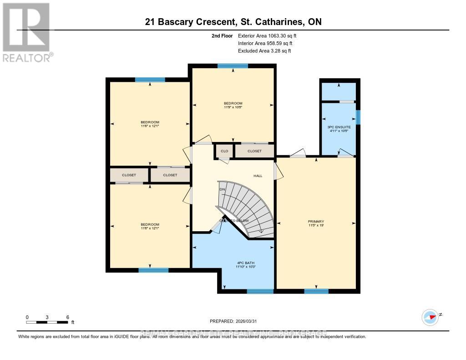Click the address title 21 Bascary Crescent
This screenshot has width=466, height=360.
pyautogui.click(x=233, y=22)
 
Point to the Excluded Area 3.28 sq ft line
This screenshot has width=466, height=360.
pyautogui.click(x=264, y=51)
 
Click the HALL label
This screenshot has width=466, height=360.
pyautogui.click(x=258, y=176)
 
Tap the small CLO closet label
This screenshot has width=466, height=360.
pyautogui.click(x=224, y=151)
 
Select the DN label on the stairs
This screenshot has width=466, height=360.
pyautogui.click(x=223, y=189)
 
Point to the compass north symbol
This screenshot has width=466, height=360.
pyautogui.click(x=430, y=316)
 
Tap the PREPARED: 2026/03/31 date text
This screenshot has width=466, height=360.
pyautogui.click(x=233, y=321)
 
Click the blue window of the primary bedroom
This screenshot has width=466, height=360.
pyautogui.click(x=316, y=291)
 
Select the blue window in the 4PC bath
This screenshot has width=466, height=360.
pyautogui.click(x=260, y=291)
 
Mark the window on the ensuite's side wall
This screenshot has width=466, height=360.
pyautogui.click(x=358, y=117)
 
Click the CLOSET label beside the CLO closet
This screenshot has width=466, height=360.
pyautogui.click(x=254, y=151)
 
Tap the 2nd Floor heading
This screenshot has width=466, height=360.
pyautogui.click(x=222, y=35)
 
